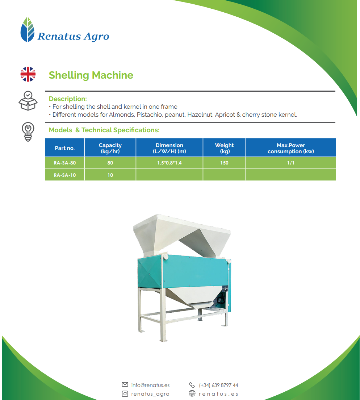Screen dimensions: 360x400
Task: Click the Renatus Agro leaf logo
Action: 27,30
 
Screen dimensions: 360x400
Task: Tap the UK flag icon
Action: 28,74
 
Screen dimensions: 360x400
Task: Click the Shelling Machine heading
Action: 91,75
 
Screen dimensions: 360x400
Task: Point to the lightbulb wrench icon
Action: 28,132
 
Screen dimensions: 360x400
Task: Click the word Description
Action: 68,99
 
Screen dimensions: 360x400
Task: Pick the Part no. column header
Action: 65,147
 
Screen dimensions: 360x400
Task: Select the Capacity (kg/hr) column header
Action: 110,147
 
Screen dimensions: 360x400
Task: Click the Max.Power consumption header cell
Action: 291,147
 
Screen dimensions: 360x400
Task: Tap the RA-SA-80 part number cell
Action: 65,163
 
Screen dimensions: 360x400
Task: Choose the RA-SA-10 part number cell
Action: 65,175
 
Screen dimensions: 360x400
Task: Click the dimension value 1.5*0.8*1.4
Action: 169,163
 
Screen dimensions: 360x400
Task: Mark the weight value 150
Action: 224,163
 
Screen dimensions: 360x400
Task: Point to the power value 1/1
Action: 291,163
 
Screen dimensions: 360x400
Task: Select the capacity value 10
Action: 110,175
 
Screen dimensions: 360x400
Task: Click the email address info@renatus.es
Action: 150,385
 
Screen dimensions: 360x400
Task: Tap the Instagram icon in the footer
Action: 125,393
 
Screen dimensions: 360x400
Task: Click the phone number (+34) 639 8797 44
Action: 218,385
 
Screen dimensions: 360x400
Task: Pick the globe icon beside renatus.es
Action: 192,393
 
